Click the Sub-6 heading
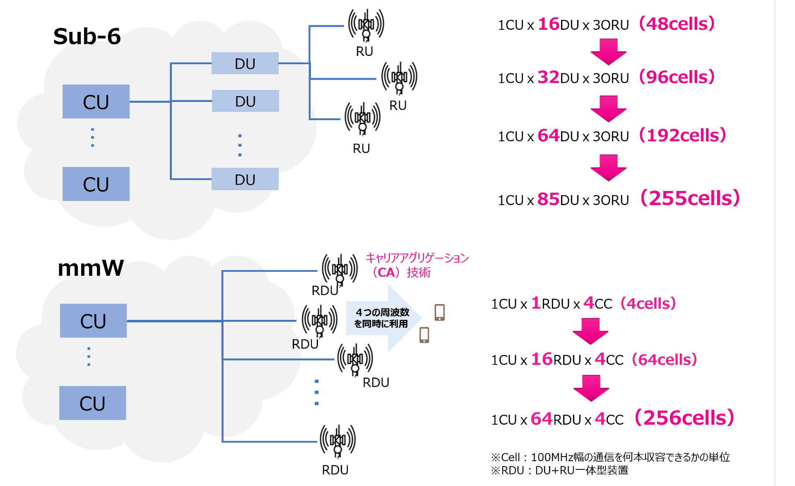(x=87, y=36)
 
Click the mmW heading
(x=91, y=268)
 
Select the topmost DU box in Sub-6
(x=245, y=63)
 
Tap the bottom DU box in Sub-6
(x=245, y=179)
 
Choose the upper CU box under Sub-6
(x=96, y=102)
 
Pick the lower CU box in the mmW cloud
(x=92, y=403)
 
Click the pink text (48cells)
(x=677, y=24)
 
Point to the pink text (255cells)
(x=690, y=198)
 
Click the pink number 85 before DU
(x=548, y=199)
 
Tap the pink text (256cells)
(x=684, y=418)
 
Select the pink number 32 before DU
(x=548, y=77)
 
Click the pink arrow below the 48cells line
(x=608, y=51)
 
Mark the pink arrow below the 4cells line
(x=590, y=331)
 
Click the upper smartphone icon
(x=439, y=312)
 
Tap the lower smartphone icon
(x=424, y=335)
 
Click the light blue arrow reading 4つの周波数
(x=383, y=318)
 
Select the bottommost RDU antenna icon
(x=337, y=440)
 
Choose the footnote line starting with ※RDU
(x=559, y=471)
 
